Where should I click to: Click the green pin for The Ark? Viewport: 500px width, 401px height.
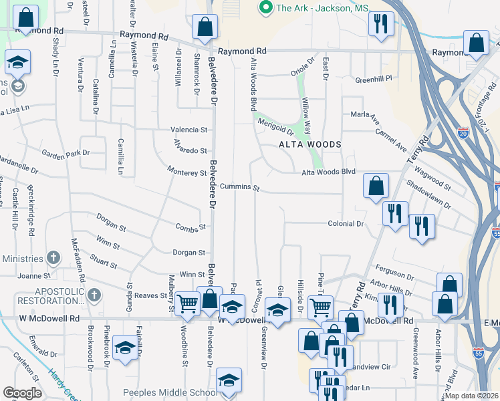(266, 8)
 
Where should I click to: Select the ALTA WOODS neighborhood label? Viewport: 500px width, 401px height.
(310, 144)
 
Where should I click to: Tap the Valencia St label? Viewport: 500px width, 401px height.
(190, 129)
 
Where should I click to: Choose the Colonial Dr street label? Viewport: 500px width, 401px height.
(345, 224)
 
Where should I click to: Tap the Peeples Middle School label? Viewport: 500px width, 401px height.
(170, 392)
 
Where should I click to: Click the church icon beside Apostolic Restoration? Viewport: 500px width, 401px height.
(94, 295)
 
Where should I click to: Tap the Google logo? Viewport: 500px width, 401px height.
(23, 393)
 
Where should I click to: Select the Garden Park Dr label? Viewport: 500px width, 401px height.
(66, 153)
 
